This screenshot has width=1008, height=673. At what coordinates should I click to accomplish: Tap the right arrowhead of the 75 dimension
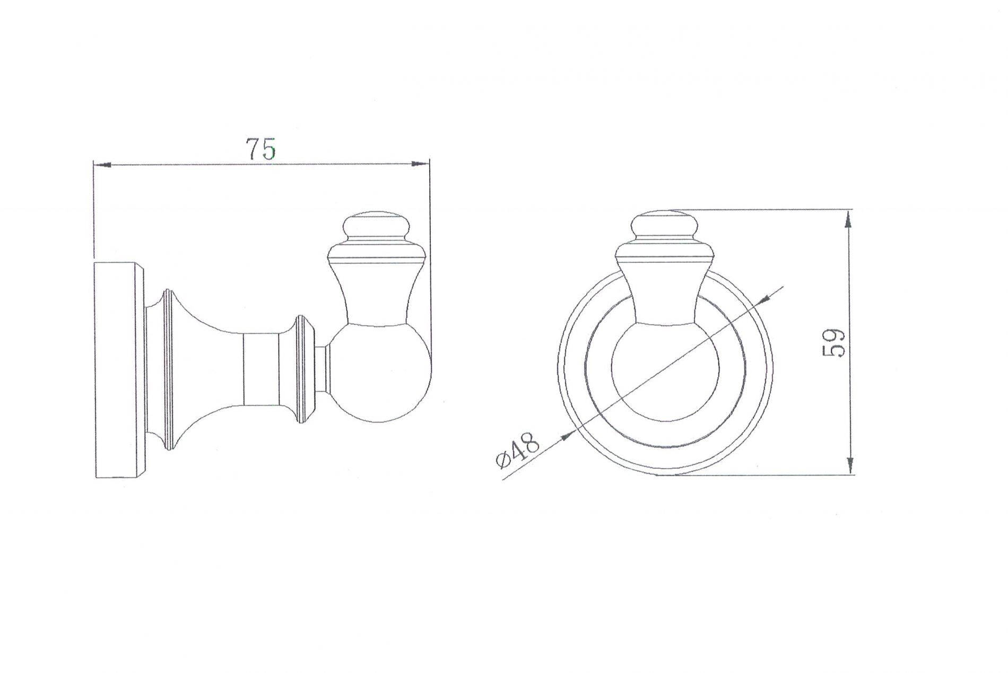coord(420,165)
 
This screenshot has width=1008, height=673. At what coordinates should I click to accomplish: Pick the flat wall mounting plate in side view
coord(118,370)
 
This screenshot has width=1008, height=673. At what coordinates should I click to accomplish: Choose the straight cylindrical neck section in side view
coord(260,370)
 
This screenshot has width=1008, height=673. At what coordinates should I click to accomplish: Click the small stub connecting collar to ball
coord(321,370)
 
